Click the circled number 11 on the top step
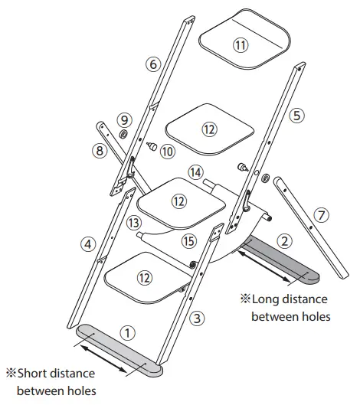coord(241,44)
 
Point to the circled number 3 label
coord(198,317)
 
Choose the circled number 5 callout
coord(297,116)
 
